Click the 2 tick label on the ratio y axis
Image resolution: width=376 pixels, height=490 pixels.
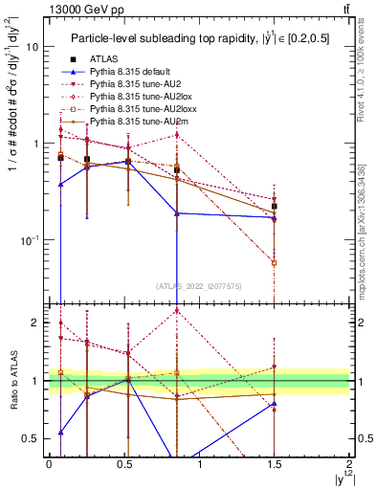pyautogui.click(x=34, y=323)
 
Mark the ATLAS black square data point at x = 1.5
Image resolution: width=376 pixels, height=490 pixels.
pyautogui.click(x=275, y=206)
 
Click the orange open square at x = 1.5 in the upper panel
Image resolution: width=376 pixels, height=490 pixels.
pyautogui.click(x=275, y=261)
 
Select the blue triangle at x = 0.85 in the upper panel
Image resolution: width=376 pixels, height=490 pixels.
pyautogui.click(x=177, y=213)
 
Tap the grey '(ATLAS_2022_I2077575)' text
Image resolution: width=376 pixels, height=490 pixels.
pyautogui.click(x=198, y=285)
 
